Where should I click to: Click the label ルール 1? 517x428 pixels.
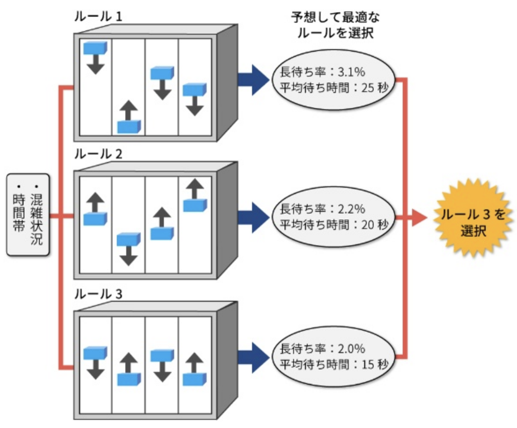(98, 17)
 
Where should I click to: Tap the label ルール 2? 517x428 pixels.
(98, 154)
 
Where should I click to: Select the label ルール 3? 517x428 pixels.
(98, 294)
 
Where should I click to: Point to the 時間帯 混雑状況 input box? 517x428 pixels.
(28, 215)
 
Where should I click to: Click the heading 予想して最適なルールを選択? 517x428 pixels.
(335, 25)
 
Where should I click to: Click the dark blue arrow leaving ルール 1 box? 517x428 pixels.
(253, 80)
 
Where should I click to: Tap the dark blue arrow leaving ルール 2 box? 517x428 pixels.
(253, 217)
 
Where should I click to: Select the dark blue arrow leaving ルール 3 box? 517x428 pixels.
(253, 357)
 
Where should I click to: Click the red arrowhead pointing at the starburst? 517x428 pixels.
(419, 217)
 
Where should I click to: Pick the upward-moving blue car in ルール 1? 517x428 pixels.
(129, 126)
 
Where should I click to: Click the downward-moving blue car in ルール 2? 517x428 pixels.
(129, 239)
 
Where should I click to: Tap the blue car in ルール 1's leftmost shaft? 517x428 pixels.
(95, 48)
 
